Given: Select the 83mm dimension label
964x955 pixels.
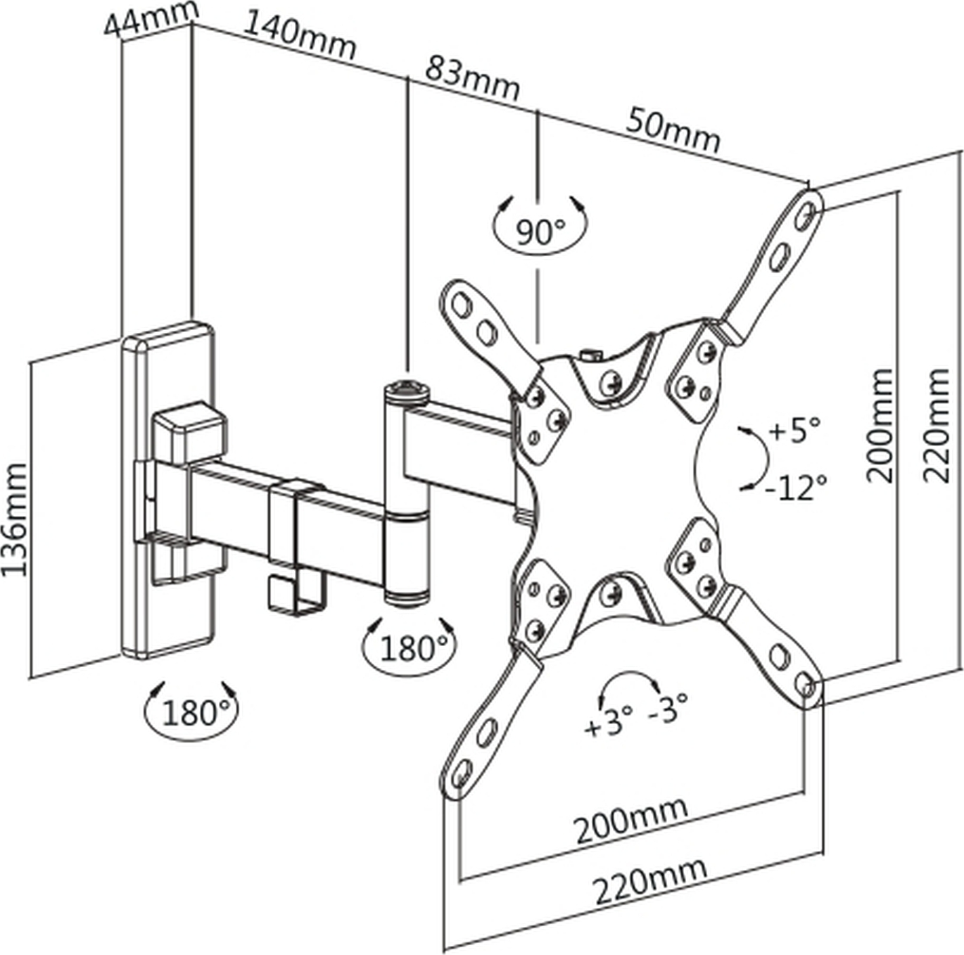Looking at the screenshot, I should (472, 79).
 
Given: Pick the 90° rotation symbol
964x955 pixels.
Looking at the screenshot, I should (540, 230).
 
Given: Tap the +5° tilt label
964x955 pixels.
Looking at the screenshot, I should (794, 429).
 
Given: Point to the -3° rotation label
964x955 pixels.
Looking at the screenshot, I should (668, 708).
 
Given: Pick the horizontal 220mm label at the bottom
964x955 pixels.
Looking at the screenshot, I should (650, 880).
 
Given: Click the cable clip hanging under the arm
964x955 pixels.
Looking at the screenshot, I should (296, 596).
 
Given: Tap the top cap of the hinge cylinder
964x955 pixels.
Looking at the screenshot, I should (407, 389).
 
